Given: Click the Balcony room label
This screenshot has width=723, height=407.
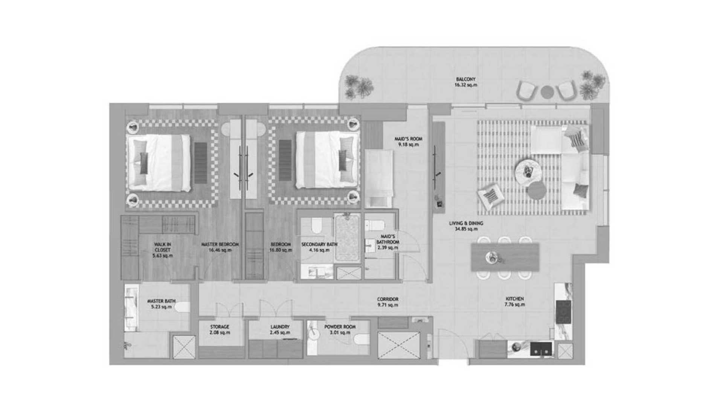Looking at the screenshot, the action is click(466, 82).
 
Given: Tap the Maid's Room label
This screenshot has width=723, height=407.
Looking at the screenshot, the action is click(409, 141).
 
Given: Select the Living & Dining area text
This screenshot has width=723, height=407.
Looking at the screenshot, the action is click(466, 226).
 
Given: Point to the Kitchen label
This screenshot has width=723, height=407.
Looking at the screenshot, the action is click(514, 301).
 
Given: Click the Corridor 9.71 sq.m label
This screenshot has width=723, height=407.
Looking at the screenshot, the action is click(387, 302).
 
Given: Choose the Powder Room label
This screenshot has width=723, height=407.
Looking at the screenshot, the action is click(340, 329).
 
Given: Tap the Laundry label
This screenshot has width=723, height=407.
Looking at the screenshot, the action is click(280, 329).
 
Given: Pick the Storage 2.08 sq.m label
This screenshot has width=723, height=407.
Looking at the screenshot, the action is click(220, 329).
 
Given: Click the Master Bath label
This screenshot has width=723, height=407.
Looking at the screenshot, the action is click(161, 304).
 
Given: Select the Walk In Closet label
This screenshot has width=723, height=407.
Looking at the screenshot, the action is click(162, 250).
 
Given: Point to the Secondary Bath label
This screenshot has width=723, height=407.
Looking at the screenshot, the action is click(319, 247).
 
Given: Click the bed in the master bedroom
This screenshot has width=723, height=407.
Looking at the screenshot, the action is click(159, 162).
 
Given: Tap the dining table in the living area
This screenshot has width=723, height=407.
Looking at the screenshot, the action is click(505, 257).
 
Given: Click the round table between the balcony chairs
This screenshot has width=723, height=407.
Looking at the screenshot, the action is click(547, 92).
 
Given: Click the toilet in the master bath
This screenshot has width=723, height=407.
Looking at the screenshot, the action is click(182, 307).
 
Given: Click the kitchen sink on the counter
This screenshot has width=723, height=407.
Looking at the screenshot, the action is click(541, 349).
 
